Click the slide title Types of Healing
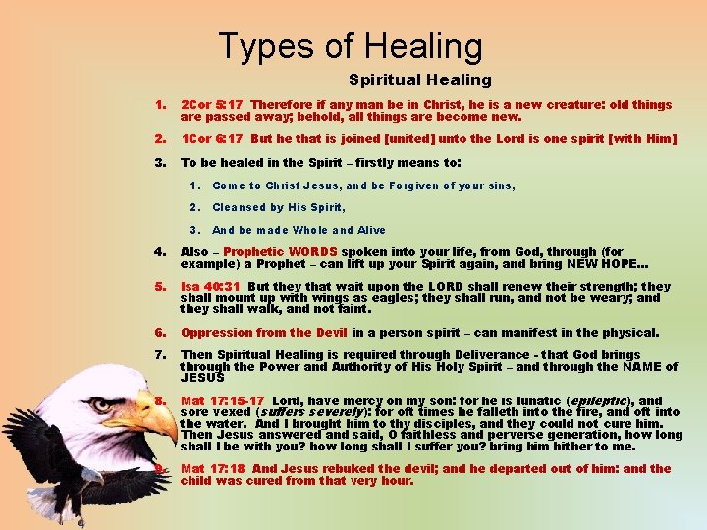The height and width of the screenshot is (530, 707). coord(351,46)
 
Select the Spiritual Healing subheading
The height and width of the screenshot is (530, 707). coord(419,79)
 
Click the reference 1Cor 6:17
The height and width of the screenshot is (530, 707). coord(212,138)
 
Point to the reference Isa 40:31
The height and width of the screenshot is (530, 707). coord(210,287)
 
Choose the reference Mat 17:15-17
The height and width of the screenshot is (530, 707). coord(223,400)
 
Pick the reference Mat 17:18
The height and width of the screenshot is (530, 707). coord(213,468)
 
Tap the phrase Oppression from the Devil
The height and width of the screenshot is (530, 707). coord(265,333)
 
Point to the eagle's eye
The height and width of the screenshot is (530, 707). coord(102,404)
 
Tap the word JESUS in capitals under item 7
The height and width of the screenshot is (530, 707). coord(202,377)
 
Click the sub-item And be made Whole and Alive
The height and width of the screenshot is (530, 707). coord(299,230)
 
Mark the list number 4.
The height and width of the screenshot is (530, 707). coord(159,252)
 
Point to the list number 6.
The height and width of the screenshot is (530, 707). coord(159,333)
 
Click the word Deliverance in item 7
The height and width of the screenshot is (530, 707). coord(477,355)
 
